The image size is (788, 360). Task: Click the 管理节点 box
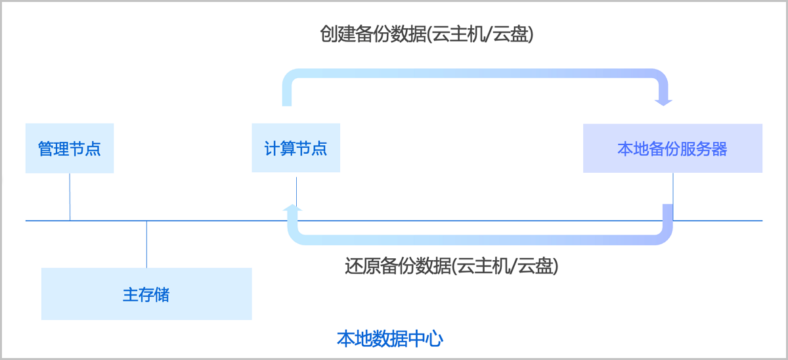(x=70, y=148)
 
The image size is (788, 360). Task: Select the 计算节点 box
(x=295, y=148)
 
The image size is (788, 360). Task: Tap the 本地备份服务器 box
(x=672, y=148)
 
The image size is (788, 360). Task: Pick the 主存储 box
(x=146, y=294)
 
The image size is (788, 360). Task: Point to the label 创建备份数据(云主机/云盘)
(x=427, y=34)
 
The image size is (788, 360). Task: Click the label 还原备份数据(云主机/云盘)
(x=451, y=266)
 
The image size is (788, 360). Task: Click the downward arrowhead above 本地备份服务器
(x=664, y=101)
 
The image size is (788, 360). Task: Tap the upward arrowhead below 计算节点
(x=293, y=208)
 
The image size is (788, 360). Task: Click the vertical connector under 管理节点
(x=70, y=196)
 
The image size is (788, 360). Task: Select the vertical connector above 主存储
(x=146, y=244)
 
